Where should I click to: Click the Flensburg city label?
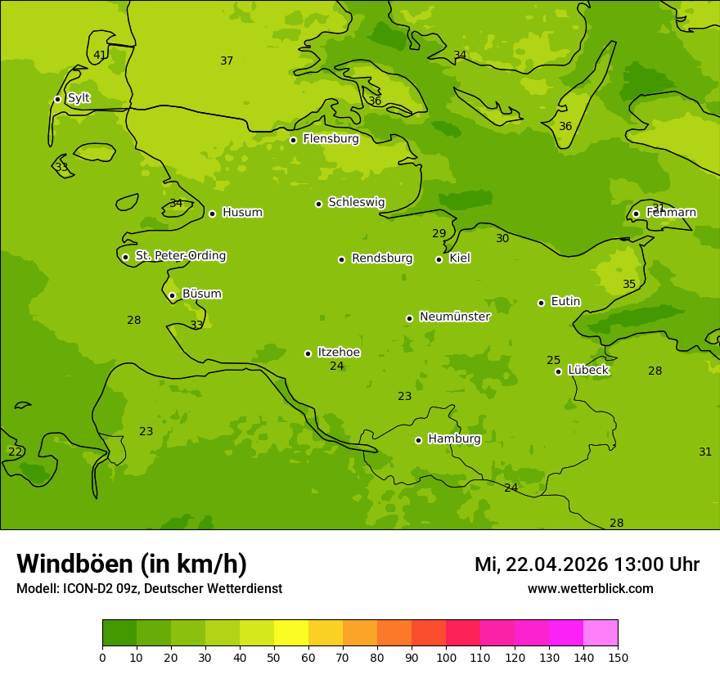click(331, 139)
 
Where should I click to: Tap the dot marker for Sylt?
click(57, 99)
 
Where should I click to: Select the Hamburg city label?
click(454, 439)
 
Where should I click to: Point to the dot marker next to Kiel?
click(439, 259)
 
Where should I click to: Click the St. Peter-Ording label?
click(180, 256)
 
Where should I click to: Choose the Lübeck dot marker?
click(558, 371)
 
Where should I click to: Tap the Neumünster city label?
click(454, 317)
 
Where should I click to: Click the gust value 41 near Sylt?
click(100, 56)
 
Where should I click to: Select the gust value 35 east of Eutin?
click(629, 285)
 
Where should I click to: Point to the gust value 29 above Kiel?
click(439, 234)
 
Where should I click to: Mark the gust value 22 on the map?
click(15, 452)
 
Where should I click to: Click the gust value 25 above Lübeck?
click(554, 361)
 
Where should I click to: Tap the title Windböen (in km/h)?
click(132, 564)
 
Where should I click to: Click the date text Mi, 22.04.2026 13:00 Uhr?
click(587, 564)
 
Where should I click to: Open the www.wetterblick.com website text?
click(590, 589)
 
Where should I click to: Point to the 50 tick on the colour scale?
click(274, 657)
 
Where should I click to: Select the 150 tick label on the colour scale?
click(618, 657)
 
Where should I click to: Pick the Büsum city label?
click(201, 294)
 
